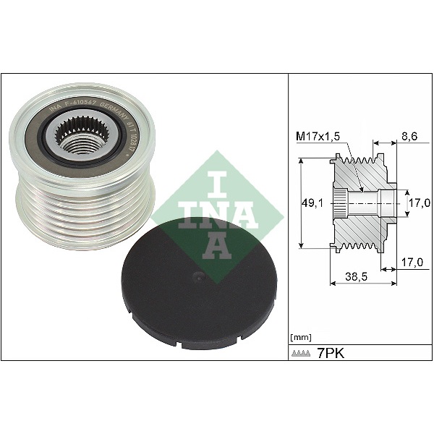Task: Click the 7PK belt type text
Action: tap(332, 354)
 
